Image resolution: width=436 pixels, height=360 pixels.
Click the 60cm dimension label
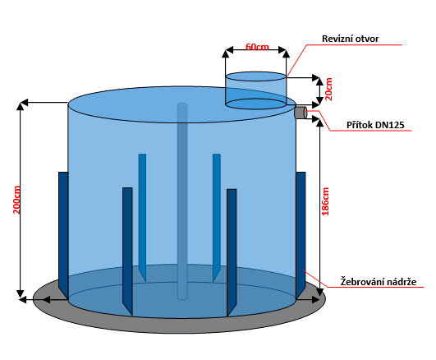[257, 47]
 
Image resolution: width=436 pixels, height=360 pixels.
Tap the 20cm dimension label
[329, 89]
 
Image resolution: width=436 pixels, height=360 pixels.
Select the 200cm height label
[16, 200]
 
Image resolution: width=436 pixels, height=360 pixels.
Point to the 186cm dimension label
[325, 201]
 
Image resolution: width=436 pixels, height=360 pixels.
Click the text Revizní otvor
[350, 39]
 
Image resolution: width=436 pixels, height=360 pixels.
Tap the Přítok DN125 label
[375, 125]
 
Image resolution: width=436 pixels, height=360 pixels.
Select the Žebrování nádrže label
[379, 282]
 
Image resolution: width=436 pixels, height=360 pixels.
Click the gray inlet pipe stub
[301, 113]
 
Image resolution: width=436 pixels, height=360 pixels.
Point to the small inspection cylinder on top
[255, 90]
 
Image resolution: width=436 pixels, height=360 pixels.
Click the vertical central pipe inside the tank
[182, 201]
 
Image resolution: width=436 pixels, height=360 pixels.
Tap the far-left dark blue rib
[63, 235]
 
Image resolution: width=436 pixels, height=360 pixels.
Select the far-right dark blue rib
[301, 234]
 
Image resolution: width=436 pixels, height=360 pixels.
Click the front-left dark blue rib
[127, 252]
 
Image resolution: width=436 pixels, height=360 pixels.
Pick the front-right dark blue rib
[232, 253]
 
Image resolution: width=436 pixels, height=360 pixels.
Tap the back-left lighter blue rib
[142, 218]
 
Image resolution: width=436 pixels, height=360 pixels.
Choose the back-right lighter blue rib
[217, 218]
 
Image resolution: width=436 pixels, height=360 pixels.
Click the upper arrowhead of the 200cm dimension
[20, 106]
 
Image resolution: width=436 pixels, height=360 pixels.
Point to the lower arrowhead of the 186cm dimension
[320, 292]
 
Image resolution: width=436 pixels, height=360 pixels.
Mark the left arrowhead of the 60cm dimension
[229, 50]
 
